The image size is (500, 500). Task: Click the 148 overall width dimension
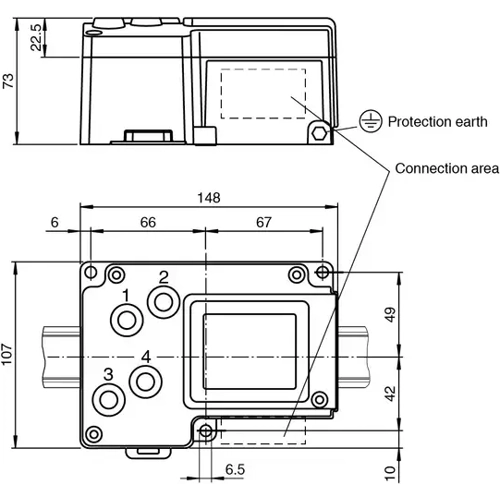point(208,197)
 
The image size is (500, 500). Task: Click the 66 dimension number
point(147,224)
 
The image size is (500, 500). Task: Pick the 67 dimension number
point(264,224)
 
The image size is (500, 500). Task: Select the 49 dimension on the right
point(390,315)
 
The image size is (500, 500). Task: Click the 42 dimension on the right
point(390,393)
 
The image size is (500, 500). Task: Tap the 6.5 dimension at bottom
point(236,468)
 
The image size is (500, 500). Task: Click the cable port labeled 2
point(162,299)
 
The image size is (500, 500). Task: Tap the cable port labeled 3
point(107,399)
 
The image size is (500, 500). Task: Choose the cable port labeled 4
point(147,380)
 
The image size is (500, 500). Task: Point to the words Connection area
point(446,167)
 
